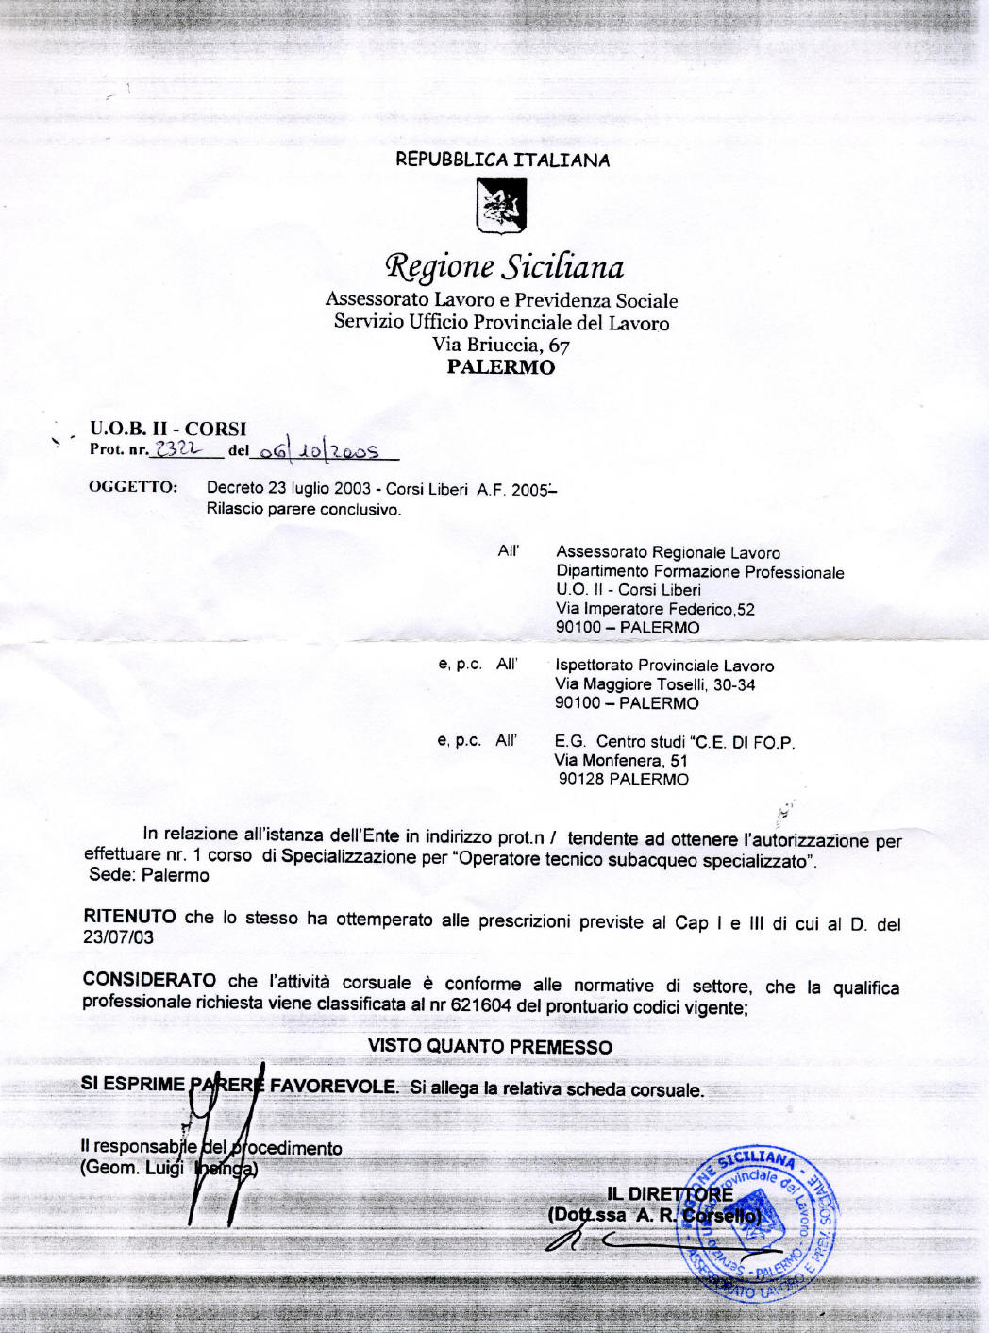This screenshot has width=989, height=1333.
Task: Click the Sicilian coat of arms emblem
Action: [501, 206]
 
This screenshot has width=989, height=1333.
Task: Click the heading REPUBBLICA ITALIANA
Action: [502, 160]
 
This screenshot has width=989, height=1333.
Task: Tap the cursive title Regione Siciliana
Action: [504, 267]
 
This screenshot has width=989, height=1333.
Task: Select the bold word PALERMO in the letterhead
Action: [501, 367]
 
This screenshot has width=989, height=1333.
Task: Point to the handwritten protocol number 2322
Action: [178, 449]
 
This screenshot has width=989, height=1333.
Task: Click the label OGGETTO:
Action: [133, 487]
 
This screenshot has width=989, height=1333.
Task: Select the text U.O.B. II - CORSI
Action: [168, 429]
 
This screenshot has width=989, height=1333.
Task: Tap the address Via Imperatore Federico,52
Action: [655, 609]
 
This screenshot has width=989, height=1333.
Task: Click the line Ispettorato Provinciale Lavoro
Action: [664, 666]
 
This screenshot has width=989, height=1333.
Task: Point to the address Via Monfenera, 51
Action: [621, 760]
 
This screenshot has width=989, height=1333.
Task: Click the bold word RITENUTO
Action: [129, 916]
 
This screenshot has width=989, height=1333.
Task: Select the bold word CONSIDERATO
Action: [149, 979]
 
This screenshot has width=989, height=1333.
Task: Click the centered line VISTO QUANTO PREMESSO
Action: [490, 1046]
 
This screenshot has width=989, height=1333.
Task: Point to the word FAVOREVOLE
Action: [334, 1086]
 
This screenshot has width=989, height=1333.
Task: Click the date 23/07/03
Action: [118, 937]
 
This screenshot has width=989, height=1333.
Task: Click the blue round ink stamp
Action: [760, 1222]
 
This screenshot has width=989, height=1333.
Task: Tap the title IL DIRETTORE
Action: [669, 1194]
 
